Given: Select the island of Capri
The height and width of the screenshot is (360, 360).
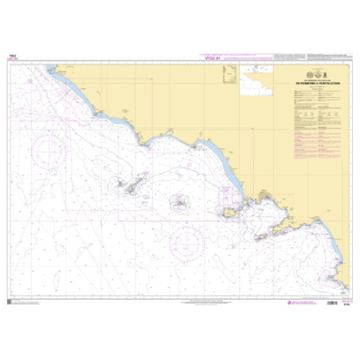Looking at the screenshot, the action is click(262, 236).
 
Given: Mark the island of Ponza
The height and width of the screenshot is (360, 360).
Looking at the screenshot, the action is click(128, 186).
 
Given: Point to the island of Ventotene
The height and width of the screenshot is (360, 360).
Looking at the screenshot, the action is click(181, 202).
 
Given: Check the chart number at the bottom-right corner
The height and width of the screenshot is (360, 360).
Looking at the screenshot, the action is click(344, 305).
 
